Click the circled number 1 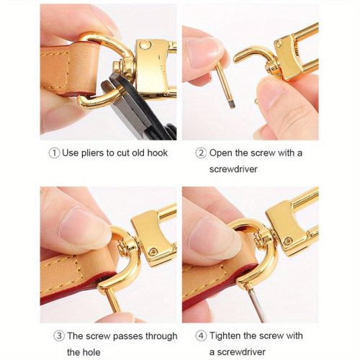(x=54, y=153)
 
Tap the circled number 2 (x=201, y=153)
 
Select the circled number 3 (x=59, y=336)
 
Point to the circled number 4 (x=201, y=336)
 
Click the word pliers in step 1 (x=93, y=153)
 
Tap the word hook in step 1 (x=157, y=153)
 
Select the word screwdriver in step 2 (x=233, y=169)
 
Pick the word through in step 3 (x=161, y=336)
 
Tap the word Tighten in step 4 (x=225, y=336)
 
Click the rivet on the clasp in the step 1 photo (x=145, y=45)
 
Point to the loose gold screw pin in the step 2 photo (x=225, y=86)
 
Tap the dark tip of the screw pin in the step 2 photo (x=232, y=105)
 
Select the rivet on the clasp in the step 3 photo (x=153, y=251)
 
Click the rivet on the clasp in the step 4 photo (x=288, y=240)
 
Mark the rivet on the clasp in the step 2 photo (x=279, y=43)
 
